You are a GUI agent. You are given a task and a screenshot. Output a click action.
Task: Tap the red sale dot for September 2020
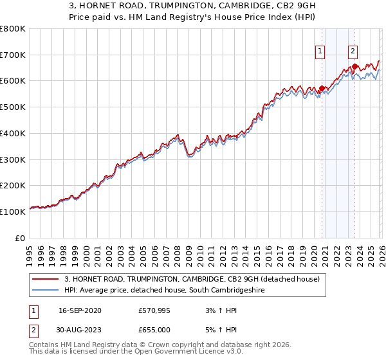322,89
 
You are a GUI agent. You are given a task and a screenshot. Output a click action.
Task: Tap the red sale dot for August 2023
355,66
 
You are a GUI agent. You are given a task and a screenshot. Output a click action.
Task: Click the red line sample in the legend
46,279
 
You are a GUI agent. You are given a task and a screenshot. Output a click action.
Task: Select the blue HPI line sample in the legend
46,291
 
